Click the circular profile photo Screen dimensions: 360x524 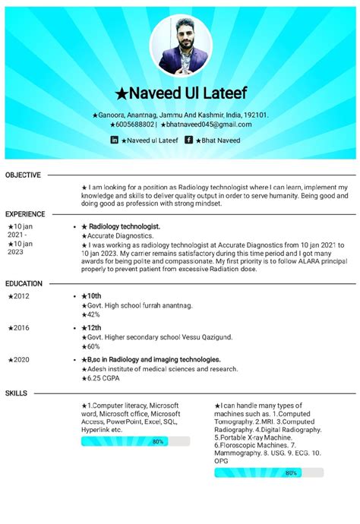(x=180, y=46)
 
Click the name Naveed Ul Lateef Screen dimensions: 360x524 (x=180, y=93)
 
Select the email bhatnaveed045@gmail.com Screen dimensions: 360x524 (x=208, y=125)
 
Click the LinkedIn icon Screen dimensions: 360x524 (x=115, y=140)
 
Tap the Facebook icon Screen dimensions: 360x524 (x=188, y=140)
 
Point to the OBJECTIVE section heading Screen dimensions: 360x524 (x=23, y=175)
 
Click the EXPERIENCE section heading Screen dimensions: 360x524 (x=25, y=215)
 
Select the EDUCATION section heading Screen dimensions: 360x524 (x=24, y=284)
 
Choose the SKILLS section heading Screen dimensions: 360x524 (x=16, y=393)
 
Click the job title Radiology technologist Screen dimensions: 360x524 (x=125, y=227)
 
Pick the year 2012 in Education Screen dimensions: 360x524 (x=20, y=296)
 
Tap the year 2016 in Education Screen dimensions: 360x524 (x=20, y=327)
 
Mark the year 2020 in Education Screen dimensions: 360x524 (x=20, y=359)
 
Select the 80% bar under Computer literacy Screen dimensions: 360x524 (x=135, y=441)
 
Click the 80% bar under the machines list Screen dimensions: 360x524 (x=269, y=472)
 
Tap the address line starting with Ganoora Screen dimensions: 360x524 (x=181, y=115)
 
